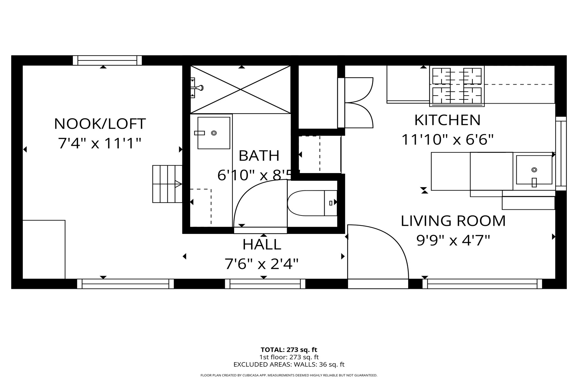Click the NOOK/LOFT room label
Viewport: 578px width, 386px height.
point(100,124)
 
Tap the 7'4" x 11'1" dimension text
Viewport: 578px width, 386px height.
point(100,143)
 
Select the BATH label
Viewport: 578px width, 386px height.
point(259,156)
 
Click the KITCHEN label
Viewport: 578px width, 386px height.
point(447,120)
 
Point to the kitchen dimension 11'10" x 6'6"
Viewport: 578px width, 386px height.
point(447,140)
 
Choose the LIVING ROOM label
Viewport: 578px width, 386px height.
point(453,221)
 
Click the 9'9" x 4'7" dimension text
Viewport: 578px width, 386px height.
point(453,241)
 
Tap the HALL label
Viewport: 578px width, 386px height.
point(262,244)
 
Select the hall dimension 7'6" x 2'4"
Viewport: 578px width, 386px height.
point(262,264)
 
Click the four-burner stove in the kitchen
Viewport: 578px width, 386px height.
point(457,86)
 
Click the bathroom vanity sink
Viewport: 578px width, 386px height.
point(214,133)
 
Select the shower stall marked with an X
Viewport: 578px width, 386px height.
point(241,89)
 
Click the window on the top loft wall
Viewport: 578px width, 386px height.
point(107,60)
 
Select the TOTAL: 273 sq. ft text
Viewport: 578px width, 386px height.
point(289,350)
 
